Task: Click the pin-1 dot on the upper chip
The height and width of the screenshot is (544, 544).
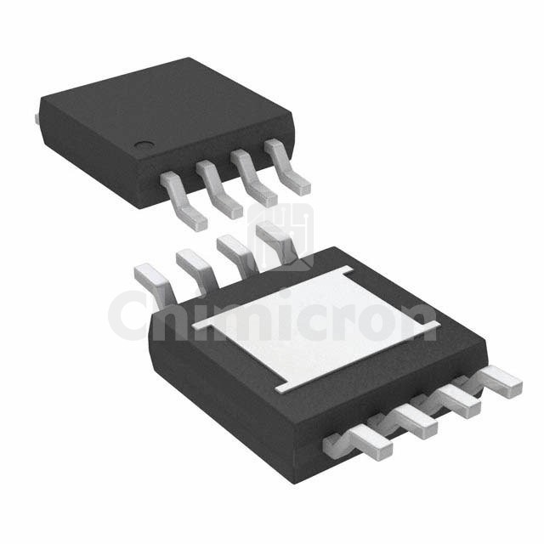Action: pos(146,146)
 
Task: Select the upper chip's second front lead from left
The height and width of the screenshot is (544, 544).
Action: pos(220,191)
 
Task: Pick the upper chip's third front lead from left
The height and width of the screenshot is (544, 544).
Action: pos(255,180)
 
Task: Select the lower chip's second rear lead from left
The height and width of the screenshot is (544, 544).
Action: pos(194,263)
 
